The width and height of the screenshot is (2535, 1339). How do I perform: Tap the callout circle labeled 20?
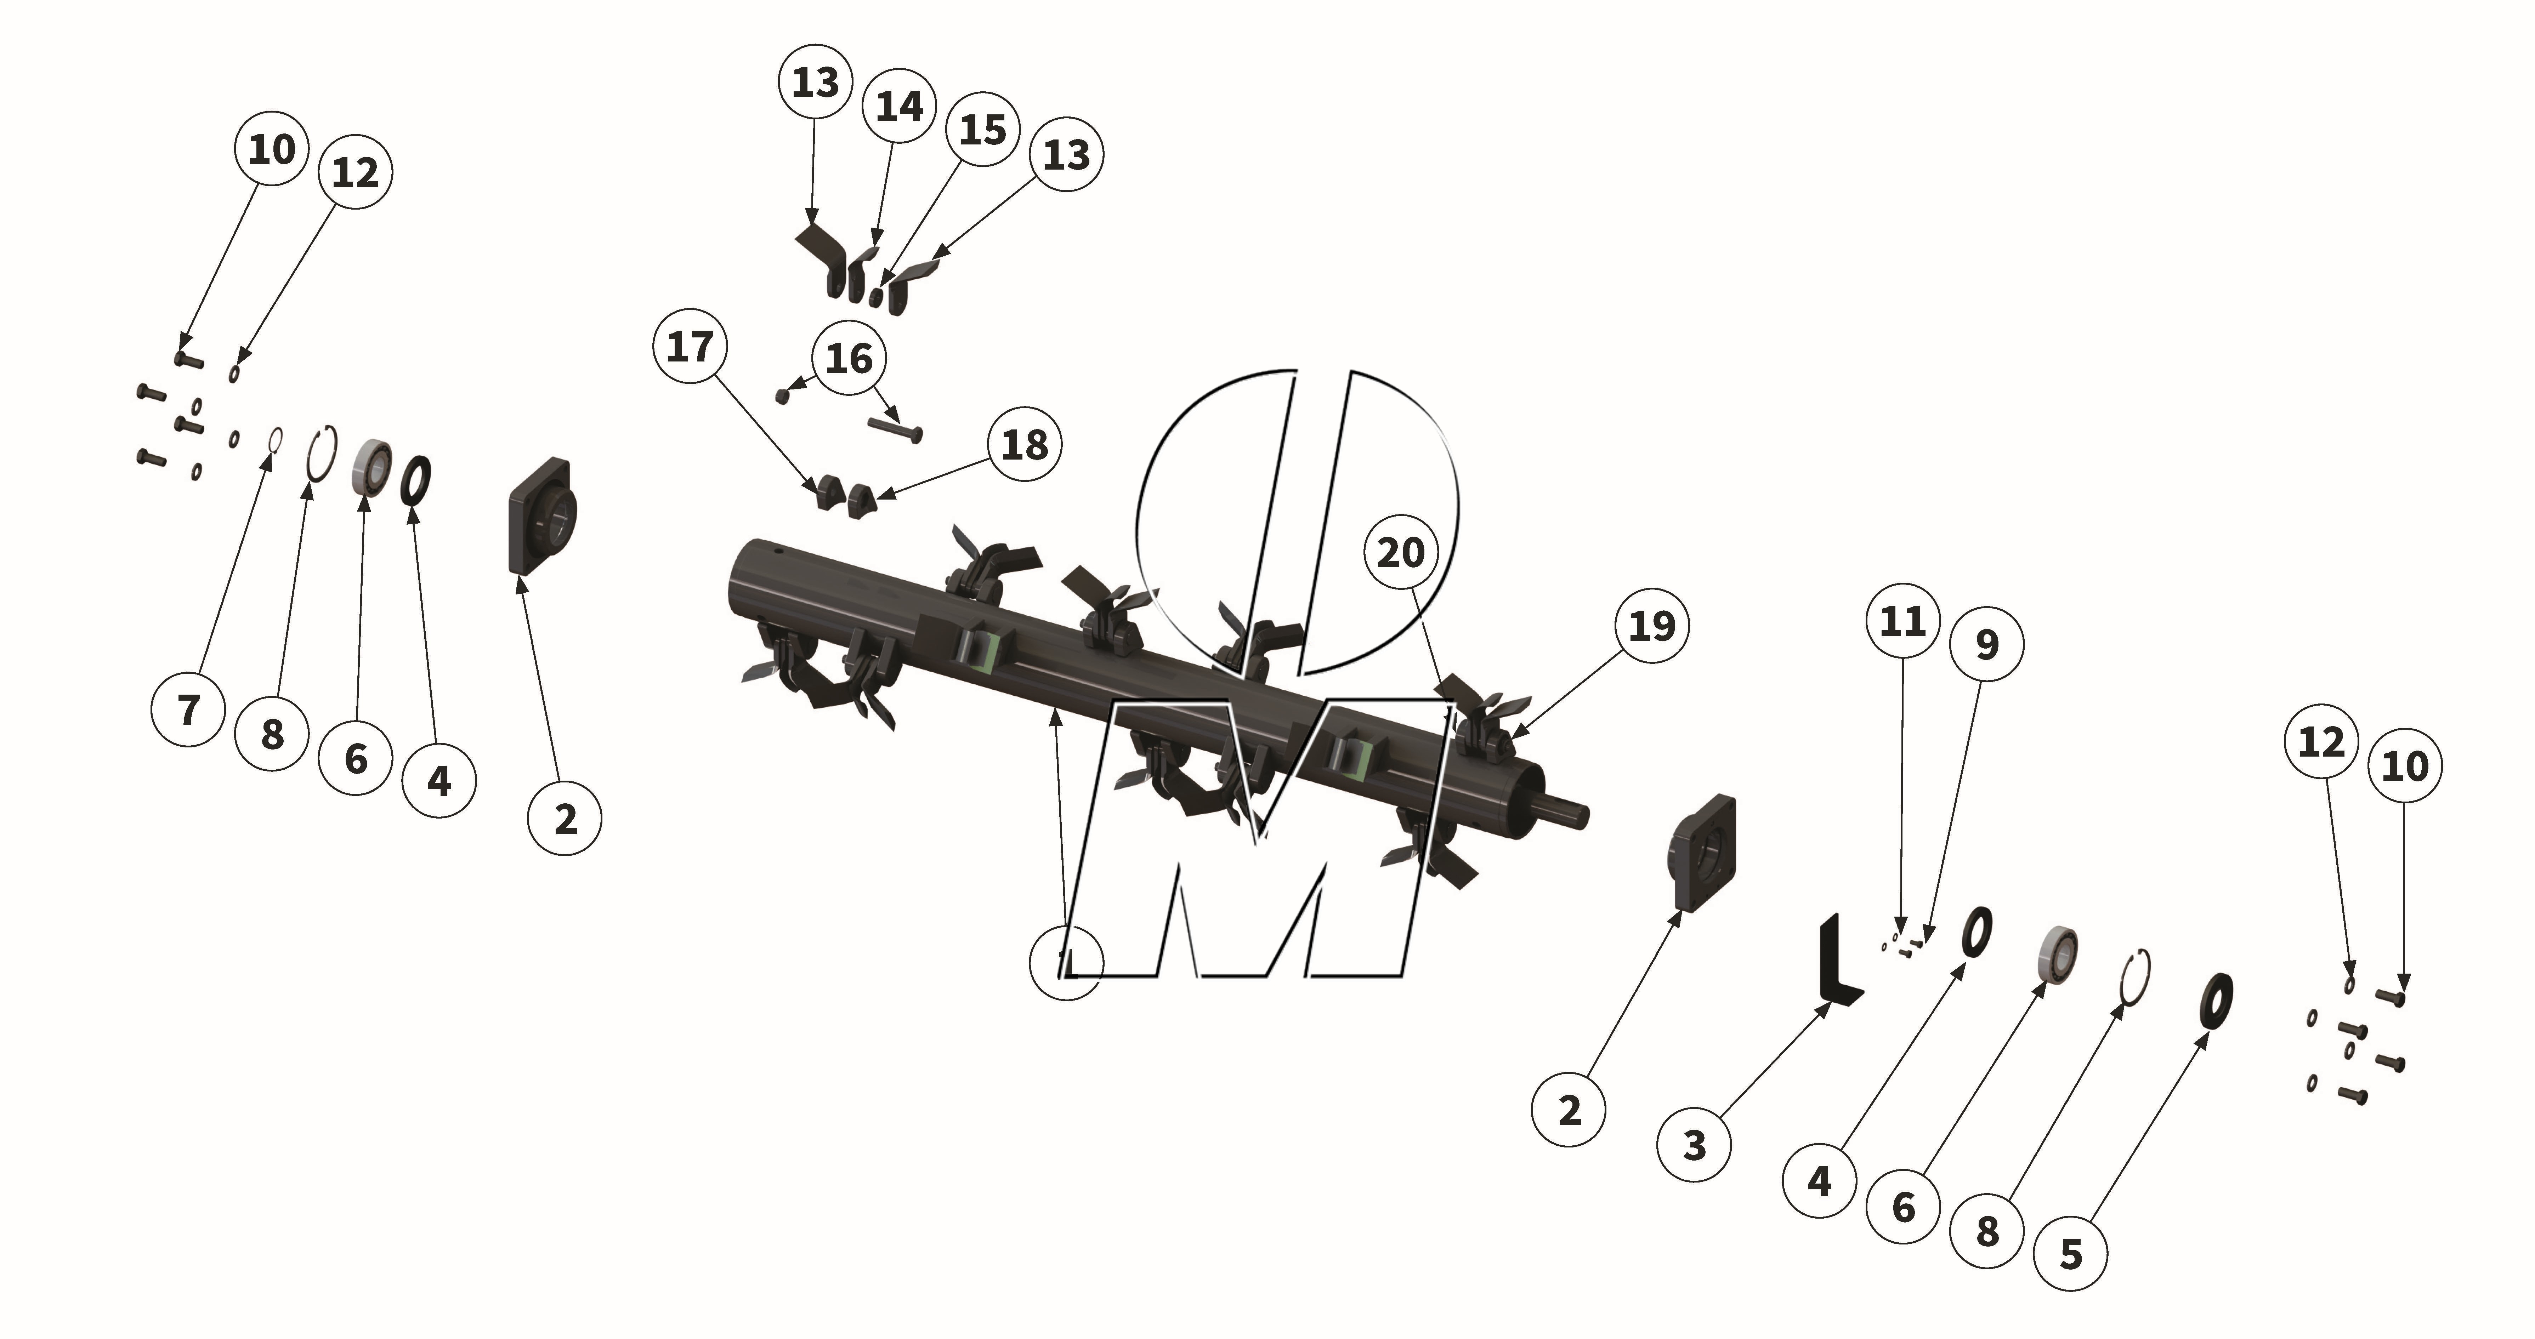coord(1400,553)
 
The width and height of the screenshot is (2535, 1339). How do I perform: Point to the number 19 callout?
coord(1651,626)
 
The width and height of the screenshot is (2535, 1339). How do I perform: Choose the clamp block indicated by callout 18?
coord(862,500)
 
